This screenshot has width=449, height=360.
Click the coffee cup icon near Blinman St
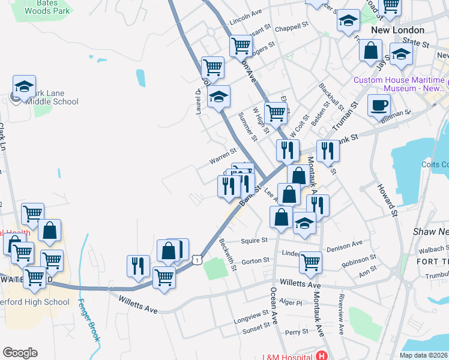378,106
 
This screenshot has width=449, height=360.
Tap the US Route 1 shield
197,259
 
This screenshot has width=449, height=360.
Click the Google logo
20,353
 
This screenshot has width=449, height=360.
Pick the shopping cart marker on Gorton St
310,262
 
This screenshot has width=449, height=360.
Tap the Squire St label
253,240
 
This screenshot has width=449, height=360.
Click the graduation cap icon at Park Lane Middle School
24,87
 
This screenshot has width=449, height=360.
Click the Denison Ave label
345,244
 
